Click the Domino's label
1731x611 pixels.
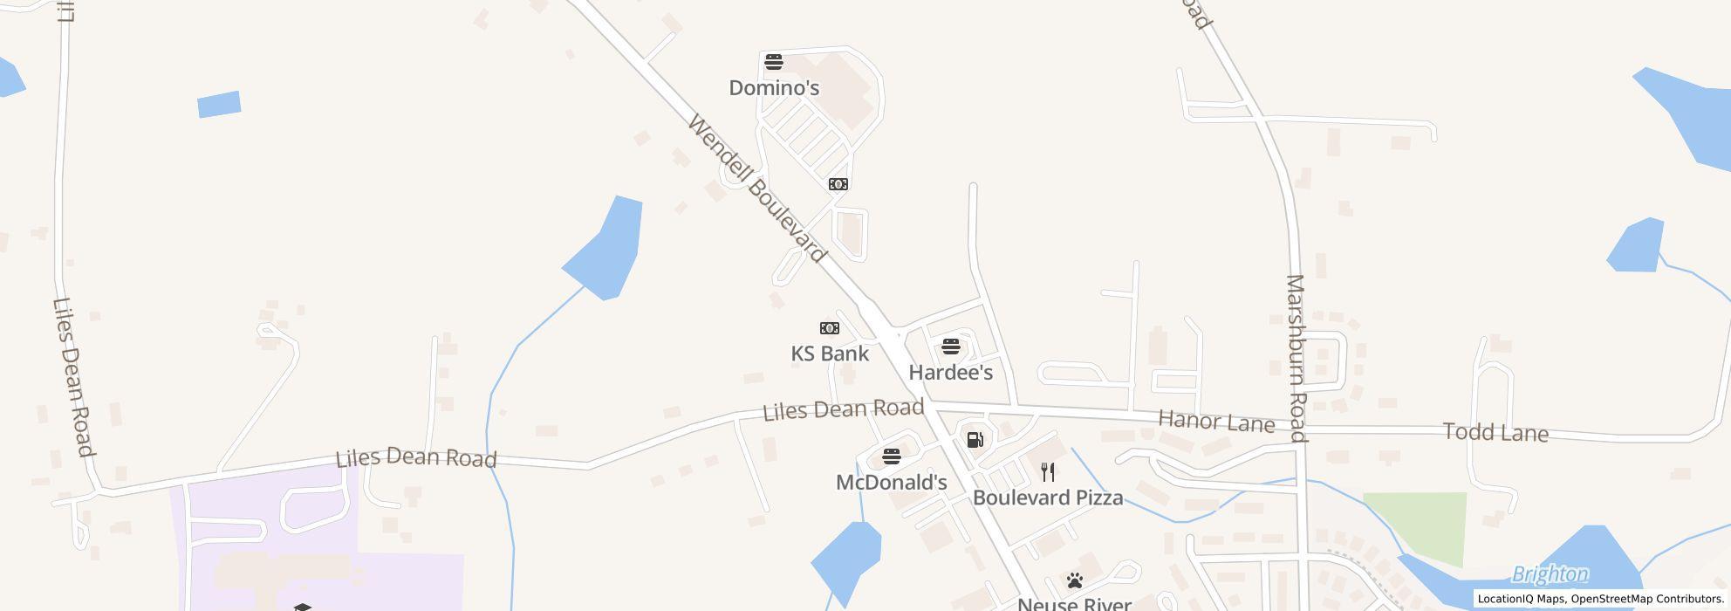(774, 88)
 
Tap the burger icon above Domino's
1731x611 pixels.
(774, 62)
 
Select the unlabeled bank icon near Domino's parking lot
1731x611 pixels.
(838, 184)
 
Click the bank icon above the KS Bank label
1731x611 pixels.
(830, 328)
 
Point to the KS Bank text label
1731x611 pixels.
(830, 354)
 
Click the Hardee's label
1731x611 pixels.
(951, 373)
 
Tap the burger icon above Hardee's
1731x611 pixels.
(951, 347)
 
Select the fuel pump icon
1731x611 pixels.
(975, 439)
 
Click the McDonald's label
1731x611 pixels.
(891, 483)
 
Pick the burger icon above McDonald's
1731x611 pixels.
(891, 456)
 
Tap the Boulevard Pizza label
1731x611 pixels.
(1048, 498)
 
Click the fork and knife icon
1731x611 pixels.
(1049, 472)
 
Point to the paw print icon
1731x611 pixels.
(1075, 580)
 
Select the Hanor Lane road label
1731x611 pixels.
(1216, 422)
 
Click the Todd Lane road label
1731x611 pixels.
(1495, 433)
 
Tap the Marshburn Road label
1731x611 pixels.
(1297, 359)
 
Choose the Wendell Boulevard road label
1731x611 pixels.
(756, 188)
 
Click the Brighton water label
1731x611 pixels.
(1550, 574)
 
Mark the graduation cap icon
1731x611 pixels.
(302, 607)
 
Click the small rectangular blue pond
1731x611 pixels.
(219, 104)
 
